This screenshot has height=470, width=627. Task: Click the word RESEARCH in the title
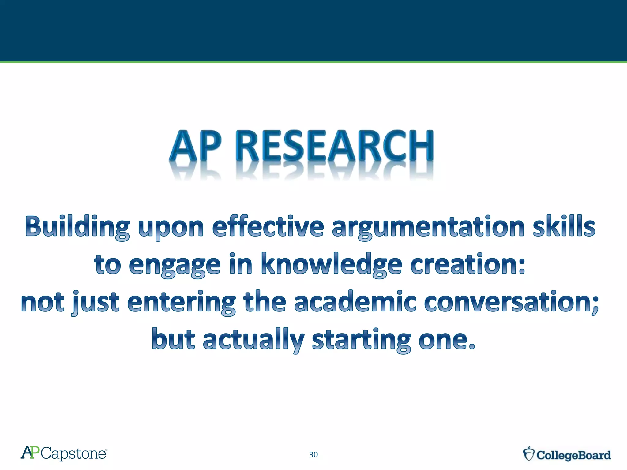[335, 146]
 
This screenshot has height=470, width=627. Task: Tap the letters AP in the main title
[195, 146]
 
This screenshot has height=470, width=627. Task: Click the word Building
[77, 227]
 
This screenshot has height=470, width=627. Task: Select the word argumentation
[429, 227]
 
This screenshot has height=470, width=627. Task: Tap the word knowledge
[331, 264]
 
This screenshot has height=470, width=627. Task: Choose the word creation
[467, 264]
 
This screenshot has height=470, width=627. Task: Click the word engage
[175, 265]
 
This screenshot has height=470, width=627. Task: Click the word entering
[181, 302]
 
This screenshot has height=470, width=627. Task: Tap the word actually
[253, 340]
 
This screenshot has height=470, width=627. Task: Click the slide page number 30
[313, 455]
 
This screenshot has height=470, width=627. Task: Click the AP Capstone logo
[64, 453]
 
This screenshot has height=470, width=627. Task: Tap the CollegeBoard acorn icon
[529, 454]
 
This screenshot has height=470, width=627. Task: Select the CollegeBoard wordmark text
[574, 455]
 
